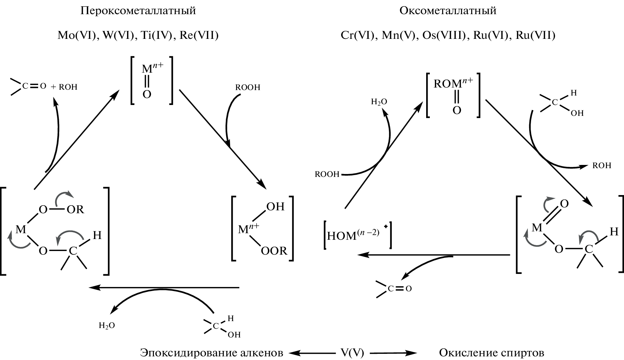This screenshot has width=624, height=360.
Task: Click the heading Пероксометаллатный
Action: coord(138,11)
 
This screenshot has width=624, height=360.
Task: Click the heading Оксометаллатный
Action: coord(448,11)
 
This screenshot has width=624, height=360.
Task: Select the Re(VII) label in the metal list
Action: coord(199,36)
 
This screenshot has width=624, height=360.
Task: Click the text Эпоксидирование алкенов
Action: coord(211,353)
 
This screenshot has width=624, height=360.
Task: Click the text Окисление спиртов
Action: coord(492,353)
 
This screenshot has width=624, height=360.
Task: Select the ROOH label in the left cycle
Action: coord(248,88)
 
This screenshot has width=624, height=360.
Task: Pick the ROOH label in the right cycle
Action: coord(327,174)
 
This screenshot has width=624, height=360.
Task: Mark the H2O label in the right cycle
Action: coord(379,102)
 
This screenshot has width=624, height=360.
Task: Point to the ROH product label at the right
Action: coord(602,166)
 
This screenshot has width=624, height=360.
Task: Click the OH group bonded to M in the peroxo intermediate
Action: coord(276,207)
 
